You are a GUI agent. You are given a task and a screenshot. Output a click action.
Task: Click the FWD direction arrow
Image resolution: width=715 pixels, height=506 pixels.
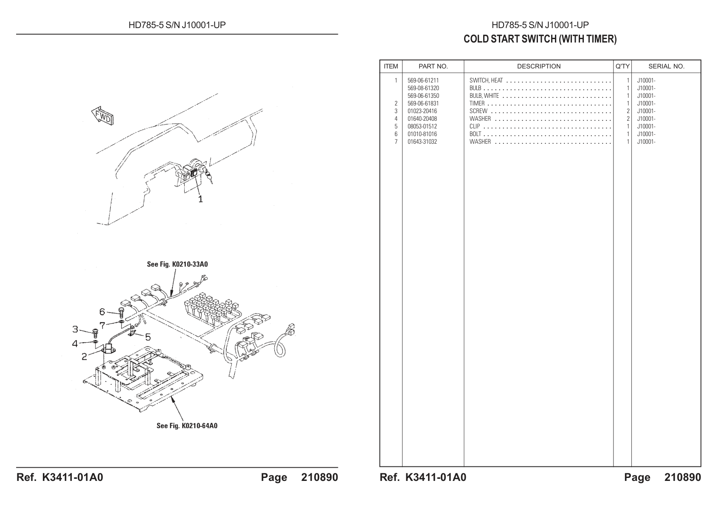(x=102, y=116)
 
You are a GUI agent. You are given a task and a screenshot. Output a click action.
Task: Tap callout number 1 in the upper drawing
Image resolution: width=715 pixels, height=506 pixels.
(x=200, y=199)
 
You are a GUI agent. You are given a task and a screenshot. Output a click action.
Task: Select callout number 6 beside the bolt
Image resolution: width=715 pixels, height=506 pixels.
(x=102, y=311)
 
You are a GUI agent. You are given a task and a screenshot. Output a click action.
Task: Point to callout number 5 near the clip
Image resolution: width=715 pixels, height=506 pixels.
(x=148, y=337)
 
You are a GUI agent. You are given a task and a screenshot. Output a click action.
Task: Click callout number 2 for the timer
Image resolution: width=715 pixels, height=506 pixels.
(x=84, y=356)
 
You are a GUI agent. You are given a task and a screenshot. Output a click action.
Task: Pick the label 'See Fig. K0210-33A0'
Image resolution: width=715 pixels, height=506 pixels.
(x=177, y=264)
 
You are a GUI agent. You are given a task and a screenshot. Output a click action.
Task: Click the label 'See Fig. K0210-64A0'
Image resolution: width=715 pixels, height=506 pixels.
(x=187, y=426)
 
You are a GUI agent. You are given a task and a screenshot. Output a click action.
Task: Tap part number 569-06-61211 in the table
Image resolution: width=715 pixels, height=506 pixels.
(x=423, y=80)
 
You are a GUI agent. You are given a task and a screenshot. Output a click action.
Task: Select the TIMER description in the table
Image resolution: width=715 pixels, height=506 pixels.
(x=477, y=104)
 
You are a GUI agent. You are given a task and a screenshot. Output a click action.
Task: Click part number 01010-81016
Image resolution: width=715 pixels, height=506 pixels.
(x=422, y=134)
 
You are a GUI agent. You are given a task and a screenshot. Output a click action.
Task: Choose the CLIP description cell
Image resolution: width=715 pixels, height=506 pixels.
(x=475, y=127)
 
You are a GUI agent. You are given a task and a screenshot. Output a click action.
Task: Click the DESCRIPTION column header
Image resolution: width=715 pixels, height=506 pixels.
(x=539, y=66)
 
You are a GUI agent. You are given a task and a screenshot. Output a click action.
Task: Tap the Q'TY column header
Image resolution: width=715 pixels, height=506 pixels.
(x=622, y=66)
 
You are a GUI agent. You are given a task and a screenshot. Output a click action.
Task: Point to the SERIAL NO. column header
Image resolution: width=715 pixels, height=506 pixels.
(x=667, y=66)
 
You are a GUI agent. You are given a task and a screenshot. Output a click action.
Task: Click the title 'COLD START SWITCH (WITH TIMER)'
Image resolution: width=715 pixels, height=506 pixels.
(x=540, y=39)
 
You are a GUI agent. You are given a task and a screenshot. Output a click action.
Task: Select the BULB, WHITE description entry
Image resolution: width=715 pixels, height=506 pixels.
(x=484, y=96)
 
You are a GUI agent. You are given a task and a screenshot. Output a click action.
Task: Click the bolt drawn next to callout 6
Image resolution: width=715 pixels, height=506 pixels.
(x=121, y=313)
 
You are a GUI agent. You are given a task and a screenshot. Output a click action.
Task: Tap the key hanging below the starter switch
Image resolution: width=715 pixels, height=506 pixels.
(x=209, y=177)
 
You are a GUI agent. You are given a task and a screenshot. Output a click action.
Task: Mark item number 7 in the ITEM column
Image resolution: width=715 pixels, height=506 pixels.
(x=396, y=142)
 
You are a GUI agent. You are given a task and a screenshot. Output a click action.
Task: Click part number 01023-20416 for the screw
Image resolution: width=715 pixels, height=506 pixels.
(x=422, y=111)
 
